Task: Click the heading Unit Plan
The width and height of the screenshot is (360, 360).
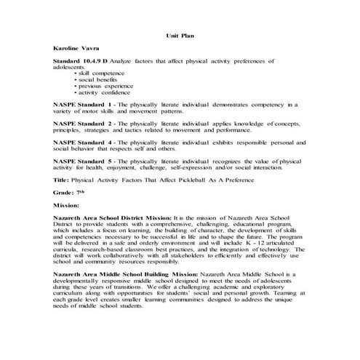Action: click(x=179, y=34)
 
